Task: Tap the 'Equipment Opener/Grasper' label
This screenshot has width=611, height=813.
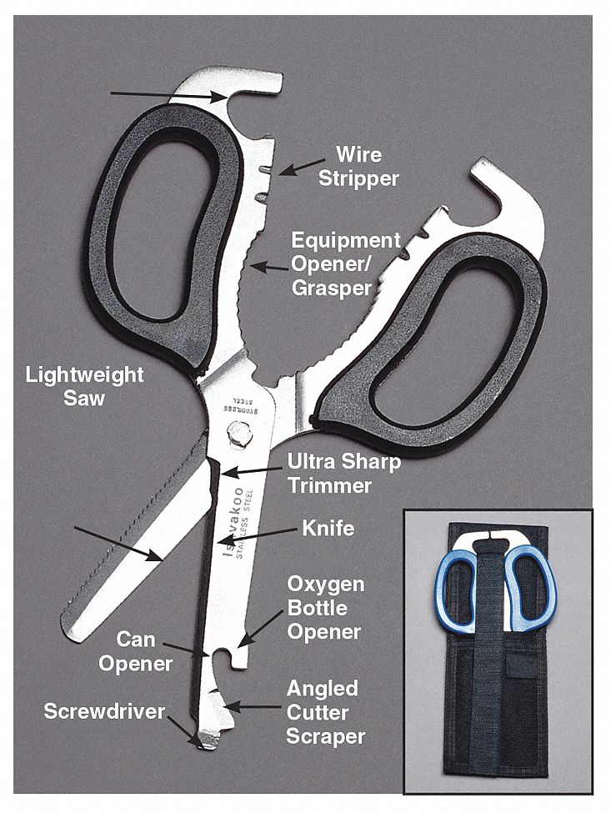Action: click(345, 263)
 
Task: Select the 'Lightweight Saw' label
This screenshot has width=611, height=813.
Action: click(84, 386)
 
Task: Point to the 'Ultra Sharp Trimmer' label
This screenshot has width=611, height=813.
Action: click(343, 472)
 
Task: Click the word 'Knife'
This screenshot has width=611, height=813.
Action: click(328, 528)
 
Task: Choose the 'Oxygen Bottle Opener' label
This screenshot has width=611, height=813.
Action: click(325, 607)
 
